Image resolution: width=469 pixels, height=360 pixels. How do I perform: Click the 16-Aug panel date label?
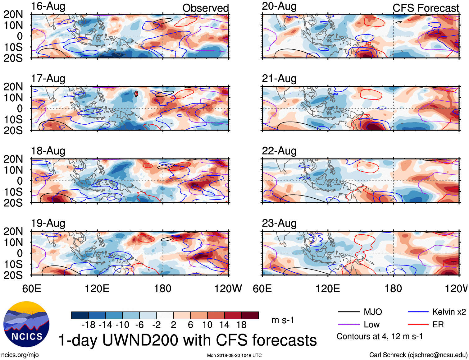[48, 6]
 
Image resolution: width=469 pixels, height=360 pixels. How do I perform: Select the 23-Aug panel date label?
[279, 223]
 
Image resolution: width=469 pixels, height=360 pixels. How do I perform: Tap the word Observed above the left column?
[205, 8]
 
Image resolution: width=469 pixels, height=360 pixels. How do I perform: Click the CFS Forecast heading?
[426, 8]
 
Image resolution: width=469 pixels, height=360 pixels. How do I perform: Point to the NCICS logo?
[26, 324]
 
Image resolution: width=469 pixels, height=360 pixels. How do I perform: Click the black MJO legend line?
[348, 312]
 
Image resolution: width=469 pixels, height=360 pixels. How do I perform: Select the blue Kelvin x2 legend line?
[418, 312]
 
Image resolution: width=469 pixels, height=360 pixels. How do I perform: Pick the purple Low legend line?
[348, 325]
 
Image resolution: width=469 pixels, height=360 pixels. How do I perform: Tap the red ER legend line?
[418, 325]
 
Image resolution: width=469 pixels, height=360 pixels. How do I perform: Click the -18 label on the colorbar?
[88, 325]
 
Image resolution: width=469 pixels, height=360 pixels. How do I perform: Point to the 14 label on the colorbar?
[224, 325]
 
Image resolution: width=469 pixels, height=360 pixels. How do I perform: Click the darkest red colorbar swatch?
[250, 315]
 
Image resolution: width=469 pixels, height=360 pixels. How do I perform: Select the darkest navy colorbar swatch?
[80, 315]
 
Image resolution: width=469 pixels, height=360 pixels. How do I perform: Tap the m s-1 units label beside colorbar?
[283, 320]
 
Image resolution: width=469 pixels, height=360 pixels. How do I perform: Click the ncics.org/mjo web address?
[20, 355]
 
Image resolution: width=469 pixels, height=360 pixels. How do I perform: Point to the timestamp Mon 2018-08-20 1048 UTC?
[234, 355]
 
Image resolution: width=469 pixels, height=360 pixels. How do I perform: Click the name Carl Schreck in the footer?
[387, 355]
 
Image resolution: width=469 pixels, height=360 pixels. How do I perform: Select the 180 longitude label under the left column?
[163, 288]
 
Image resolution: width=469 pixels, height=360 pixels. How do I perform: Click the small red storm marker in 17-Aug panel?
[136, 94]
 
